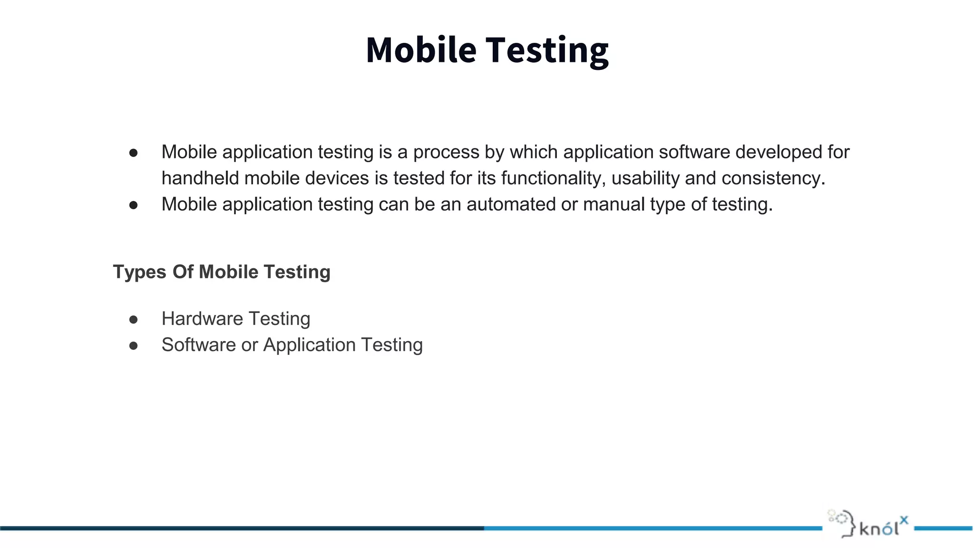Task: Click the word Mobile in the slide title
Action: (x=421, y=50)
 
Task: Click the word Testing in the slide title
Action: (x=546, y=51)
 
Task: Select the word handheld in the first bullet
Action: (x=200, y=178)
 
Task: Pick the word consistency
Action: (x=773, y=178)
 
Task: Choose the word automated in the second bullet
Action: (x=511, y=205)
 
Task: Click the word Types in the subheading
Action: (x=139, y=272)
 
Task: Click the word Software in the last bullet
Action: (x=198, y=345)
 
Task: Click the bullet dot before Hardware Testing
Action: (x=134, y=320)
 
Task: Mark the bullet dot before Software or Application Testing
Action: (x=134, y=346)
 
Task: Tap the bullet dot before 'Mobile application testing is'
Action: (x=134, y=153)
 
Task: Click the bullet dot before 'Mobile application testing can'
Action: (x=134, y=205)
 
